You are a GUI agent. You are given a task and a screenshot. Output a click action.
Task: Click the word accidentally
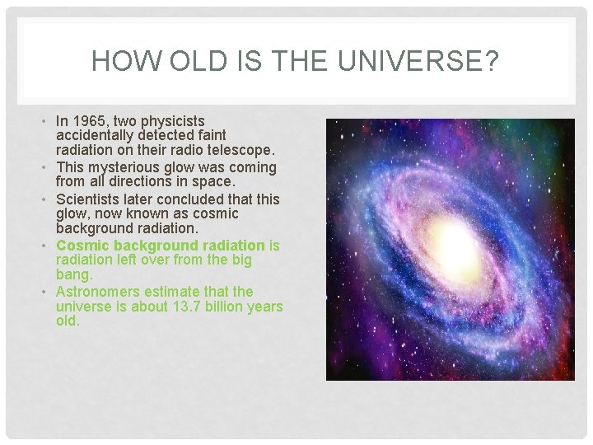tap(97, 134)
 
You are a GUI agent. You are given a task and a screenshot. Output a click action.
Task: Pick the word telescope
tap(244, 149)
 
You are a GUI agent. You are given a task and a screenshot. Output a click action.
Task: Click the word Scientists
tap(89, 199)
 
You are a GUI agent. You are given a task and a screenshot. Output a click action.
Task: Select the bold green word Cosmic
tap(82, 246)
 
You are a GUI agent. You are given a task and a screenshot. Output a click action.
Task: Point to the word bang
tap(73, 274)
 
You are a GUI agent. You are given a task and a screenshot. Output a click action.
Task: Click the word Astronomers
tap(98, 292)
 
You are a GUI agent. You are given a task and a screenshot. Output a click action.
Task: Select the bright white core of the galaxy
tap(451, 238)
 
